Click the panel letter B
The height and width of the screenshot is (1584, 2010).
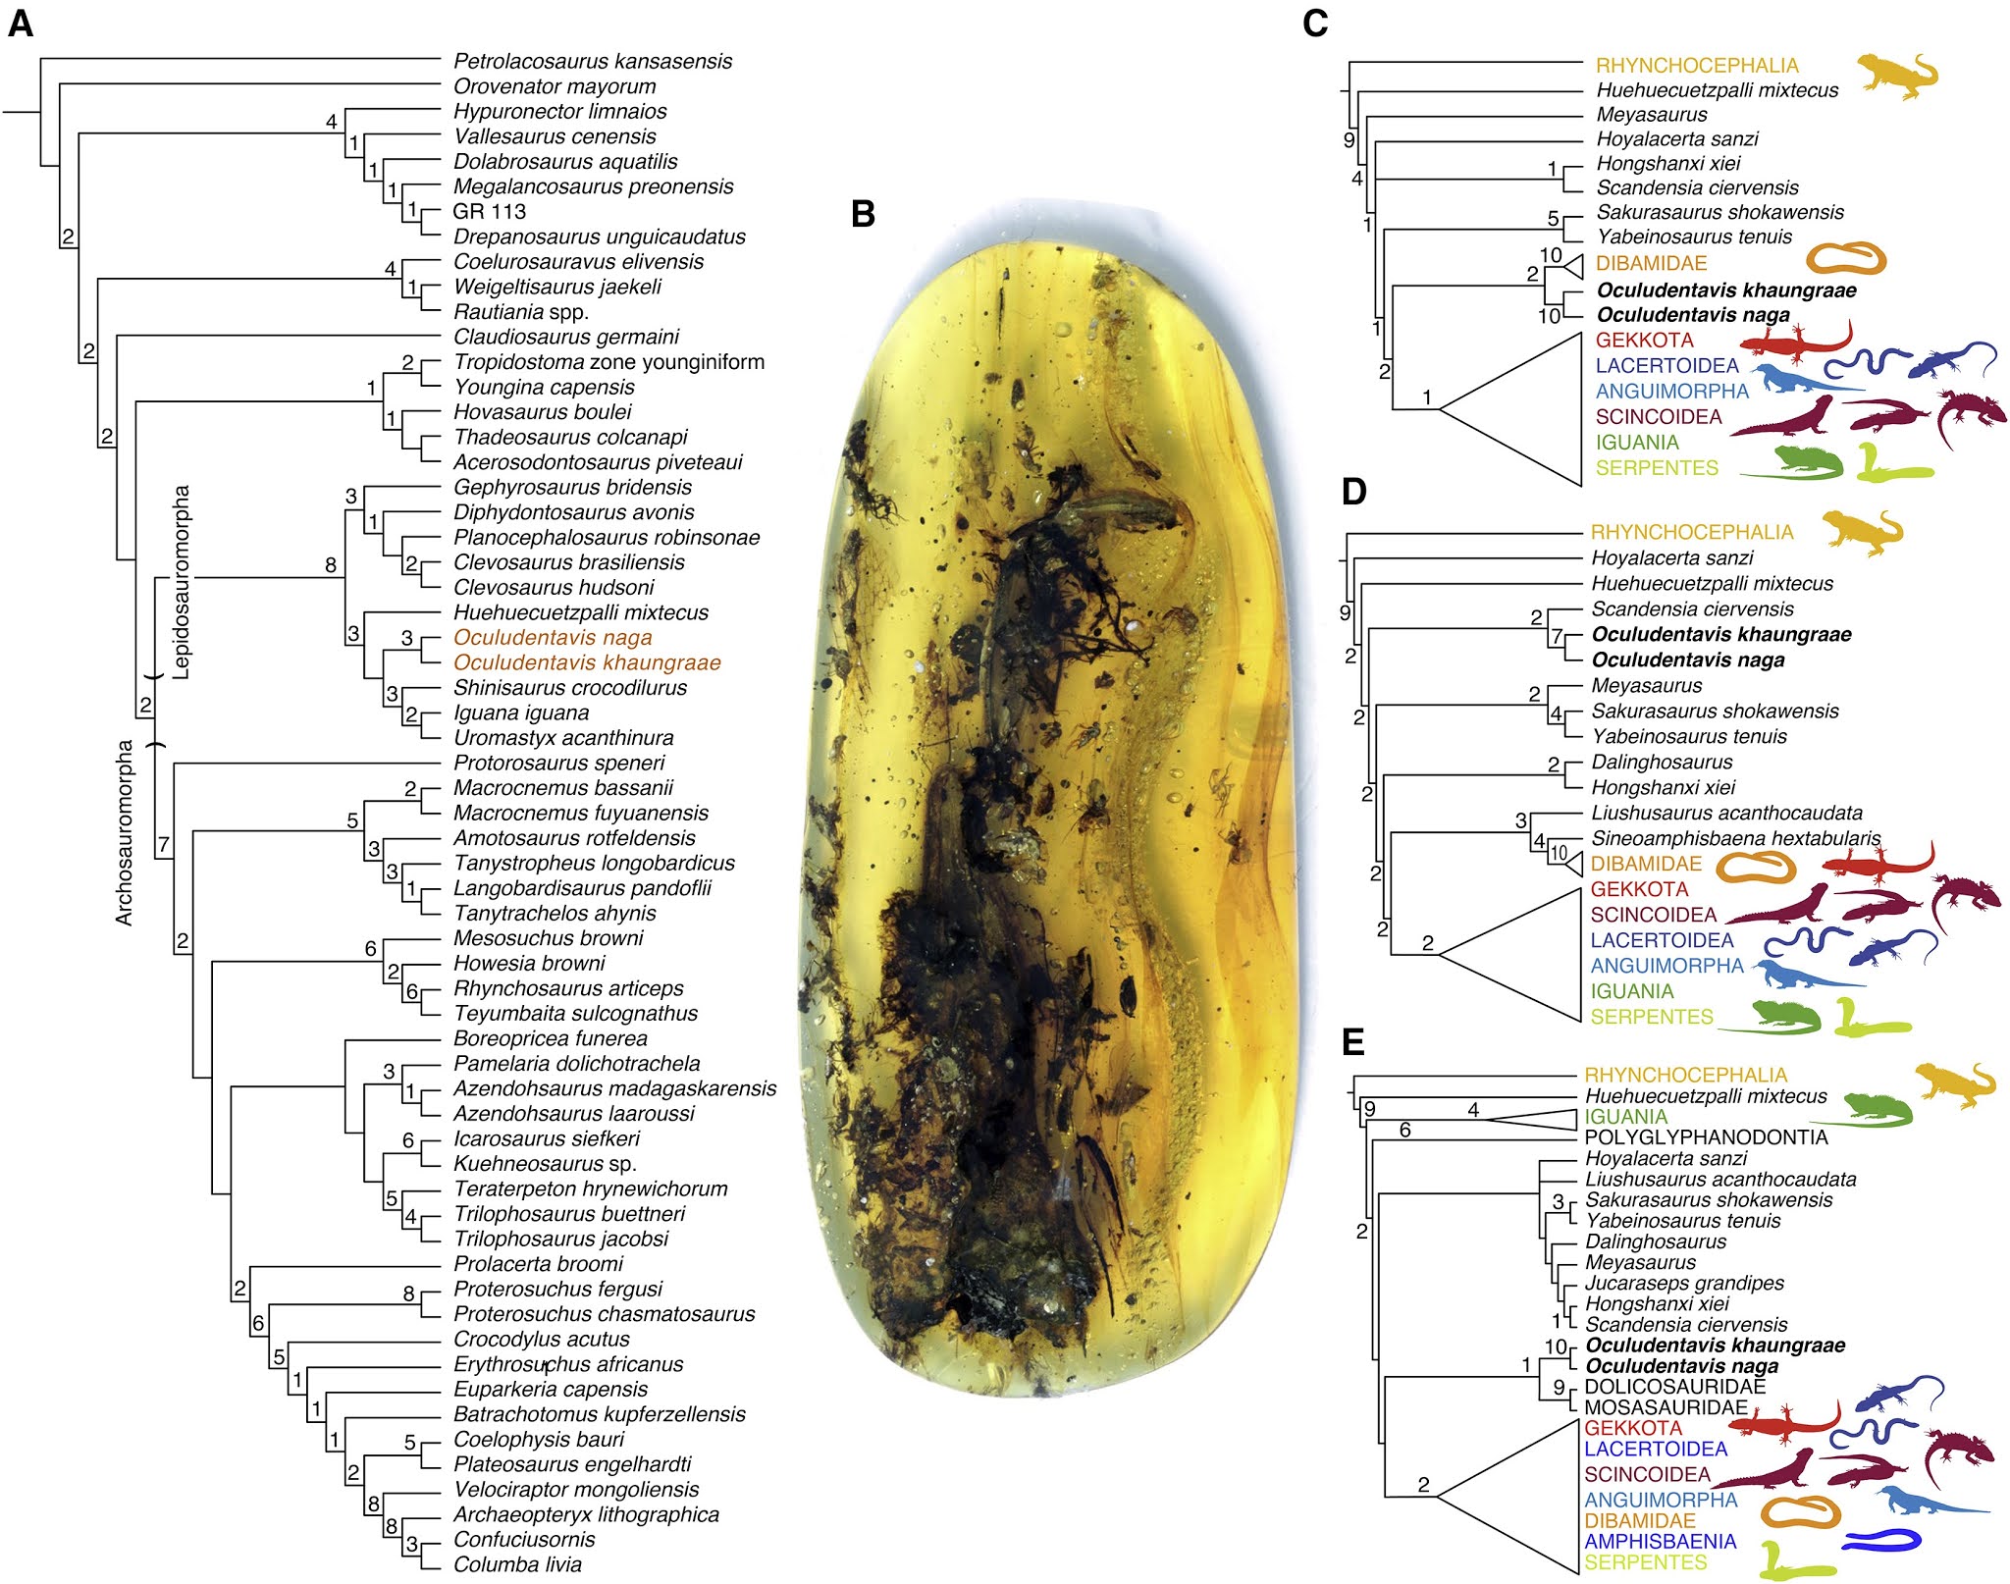(863, 214)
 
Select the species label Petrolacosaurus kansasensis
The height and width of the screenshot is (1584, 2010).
(593, 61)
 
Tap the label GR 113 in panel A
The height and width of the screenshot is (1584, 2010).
(489, 211)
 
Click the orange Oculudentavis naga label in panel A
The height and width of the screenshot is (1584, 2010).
(553, 638)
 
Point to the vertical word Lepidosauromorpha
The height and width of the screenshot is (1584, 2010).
(182, 582)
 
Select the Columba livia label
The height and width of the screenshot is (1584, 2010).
(517, 1564)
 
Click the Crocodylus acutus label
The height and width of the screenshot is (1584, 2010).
(541, 1339)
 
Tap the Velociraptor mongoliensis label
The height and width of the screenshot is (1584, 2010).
(576, 1490)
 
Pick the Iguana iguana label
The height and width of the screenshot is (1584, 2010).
(521, 713)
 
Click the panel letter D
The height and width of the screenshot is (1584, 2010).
(1354, 491)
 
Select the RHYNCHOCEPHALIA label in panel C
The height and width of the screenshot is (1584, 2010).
(1697, 66)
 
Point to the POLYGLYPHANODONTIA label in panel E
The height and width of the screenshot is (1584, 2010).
(1706, 1137)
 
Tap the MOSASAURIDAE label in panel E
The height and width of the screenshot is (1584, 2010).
(1666, 1407)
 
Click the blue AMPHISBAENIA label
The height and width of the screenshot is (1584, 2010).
(1660, 1542)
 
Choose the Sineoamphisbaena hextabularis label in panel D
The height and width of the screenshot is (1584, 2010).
(1735, 838)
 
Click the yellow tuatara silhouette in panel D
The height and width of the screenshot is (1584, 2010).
(1862, 532)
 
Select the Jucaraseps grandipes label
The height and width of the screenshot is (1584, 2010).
(1684, 1283)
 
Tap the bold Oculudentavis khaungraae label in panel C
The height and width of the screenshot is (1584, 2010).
(1726, 290)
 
